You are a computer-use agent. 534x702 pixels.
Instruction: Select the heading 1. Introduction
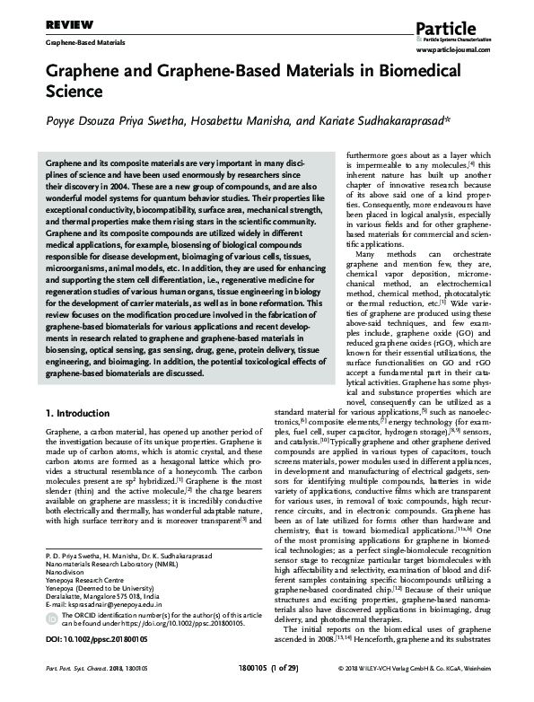[81, 415]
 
